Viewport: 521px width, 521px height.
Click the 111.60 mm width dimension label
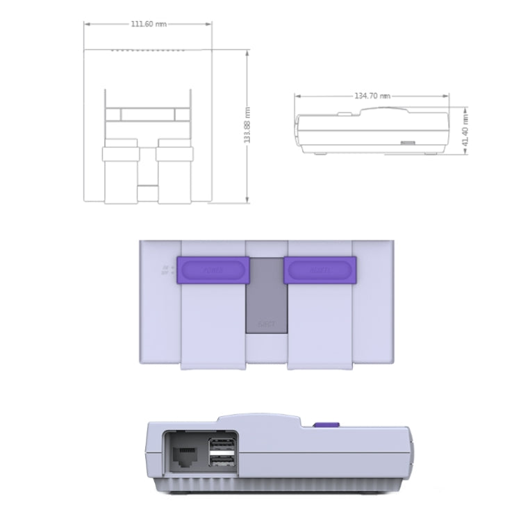tap(149, 24)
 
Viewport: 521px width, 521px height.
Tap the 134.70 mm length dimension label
tap(372, 97)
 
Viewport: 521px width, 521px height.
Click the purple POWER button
tap(213, 269)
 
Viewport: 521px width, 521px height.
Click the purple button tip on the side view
tap(326, 425)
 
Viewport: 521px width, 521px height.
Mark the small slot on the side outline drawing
tap(407, 144)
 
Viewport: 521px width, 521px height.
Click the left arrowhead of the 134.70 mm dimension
tap(296, 97)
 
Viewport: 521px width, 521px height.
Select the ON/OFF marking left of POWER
tap(166, 270)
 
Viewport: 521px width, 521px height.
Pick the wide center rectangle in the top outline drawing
tap(147, 115)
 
